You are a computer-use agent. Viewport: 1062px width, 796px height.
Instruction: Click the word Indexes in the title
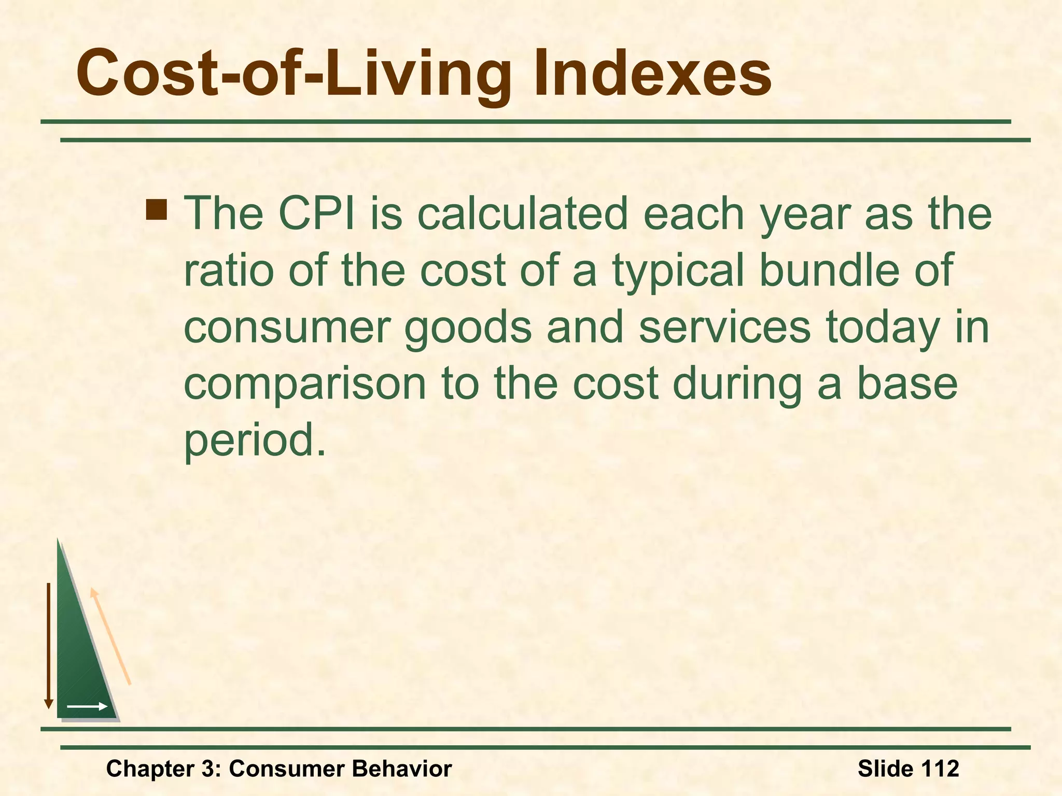[652, 74]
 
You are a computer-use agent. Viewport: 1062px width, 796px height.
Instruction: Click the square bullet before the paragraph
[156, 209]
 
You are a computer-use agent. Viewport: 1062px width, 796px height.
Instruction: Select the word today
[883, 329]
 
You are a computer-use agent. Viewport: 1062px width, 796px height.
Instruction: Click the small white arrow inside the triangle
[87, 706]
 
